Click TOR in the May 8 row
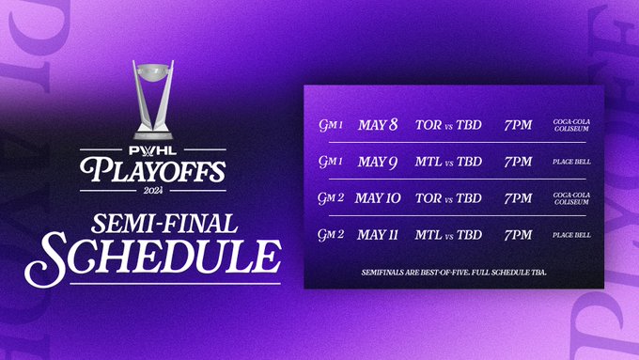coord(426,125)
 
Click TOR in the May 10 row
coord(426,198)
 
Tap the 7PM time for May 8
coord(518,125)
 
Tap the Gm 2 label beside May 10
coord(330,198)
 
